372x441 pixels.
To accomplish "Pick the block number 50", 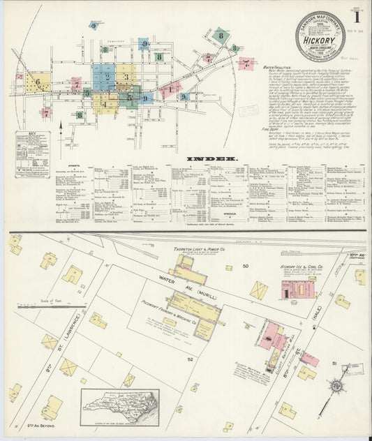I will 244,267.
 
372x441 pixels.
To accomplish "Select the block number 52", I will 190,358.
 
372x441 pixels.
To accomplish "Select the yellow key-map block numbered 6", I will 39,82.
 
